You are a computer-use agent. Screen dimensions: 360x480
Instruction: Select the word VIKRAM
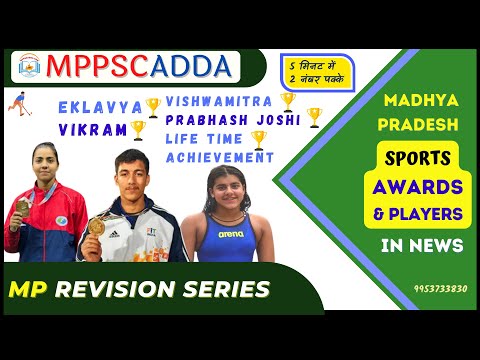[92, 129]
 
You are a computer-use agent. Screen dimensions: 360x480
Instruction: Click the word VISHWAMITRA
[218, 101]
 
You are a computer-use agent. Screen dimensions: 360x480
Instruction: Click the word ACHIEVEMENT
[219, 157]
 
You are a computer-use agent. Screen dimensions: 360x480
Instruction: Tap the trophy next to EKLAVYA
[152, 105]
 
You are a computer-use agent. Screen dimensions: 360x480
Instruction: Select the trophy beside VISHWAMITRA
[288, 100]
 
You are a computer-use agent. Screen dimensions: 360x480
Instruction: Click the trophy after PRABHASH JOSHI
[314, 118]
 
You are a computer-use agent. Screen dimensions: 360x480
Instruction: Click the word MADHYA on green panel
[418, 102]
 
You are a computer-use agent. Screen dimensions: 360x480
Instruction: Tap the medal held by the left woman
[23, 205]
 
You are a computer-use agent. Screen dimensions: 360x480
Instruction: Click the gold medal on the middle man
[97, 225]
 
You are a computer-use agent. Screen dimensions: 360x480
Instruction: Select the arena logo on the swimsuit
[231, 233]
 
